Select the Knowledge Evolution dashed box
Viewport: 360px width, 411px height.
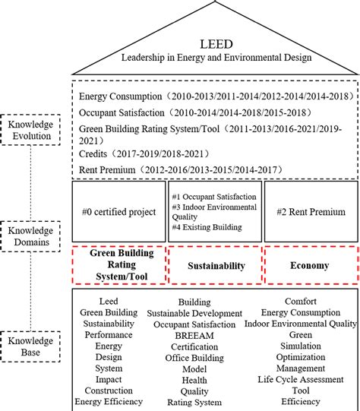[32, 129]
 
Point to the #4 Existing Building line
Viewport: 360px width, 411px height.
[207, 226]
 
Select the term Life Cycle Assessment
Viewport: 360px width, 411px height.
[300, 379]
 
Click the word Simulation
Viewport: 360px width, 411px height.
[300, 346]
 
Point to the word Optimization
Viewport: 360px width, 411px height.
[300, 357]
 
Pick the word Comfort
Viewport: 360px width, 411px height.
[300, 302]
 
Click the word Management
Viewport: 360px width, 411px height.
[300, 368]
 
